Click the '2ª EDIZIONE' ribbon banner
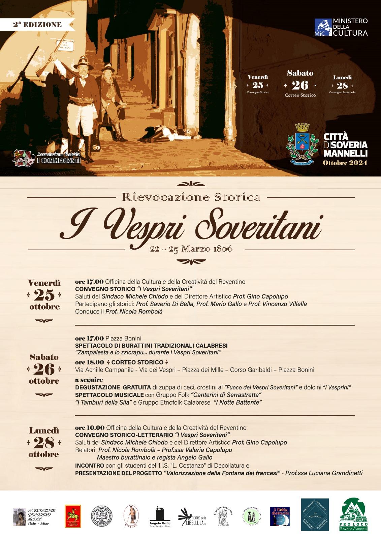point(37,25)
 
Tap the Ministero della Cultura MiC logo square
point(323,27)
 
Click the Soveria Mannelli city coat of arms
point(302,144)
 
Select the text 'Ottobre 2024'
point(345,163)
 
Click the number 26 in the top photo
point(300,85)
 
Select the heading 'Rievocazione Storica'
point(191,197)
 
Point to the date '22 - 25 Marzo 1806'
point(191,249)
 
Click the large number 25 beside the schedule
point(44,295)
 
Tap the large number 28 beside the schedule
point(44,443)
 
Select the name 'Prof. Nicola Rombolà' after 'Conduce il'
point(134,311)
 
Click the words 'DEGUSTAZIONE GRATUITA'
point(113,387)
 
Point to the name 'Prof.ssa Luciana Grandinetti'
point(324,473)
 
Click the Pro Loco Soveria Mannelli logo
point(353,514)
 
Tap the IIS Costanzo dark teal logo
point(315,515)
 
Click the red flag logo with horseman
point(73,516)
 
